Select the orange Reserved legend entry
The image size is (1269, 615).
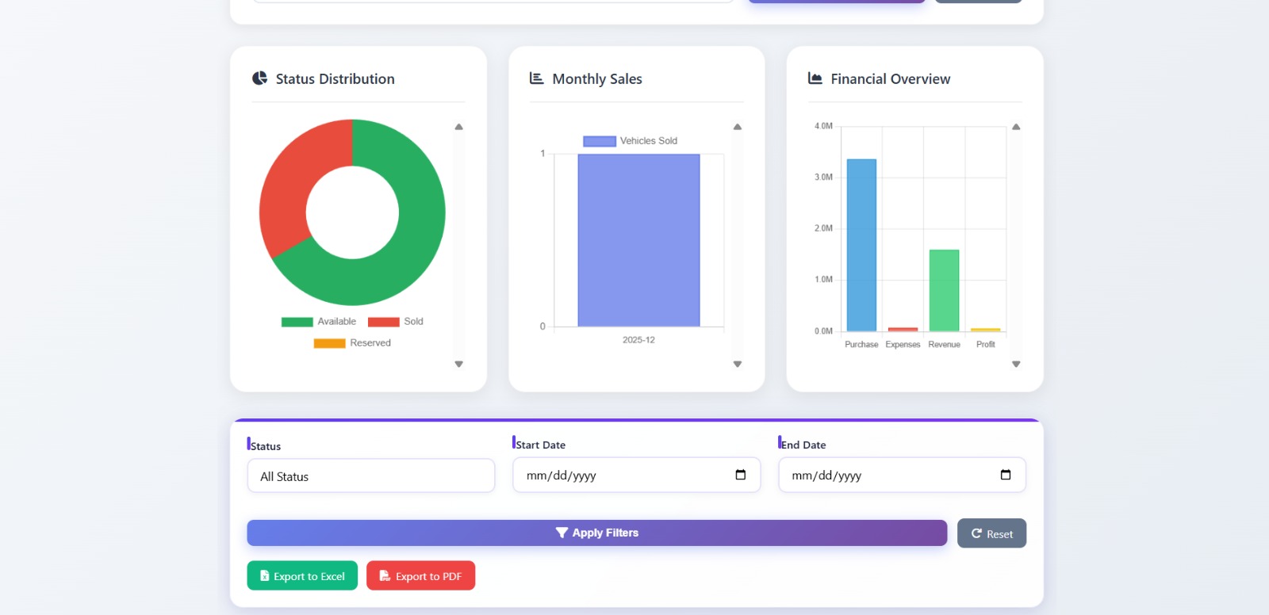point(353,343)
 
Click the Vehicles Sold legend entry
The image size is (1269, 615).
point(631,141)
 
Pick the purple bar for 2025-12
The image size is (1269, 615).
point(638,240)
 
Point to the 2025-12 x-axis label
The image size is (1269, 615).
point(638,340)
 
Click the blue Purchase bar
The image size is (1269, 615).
point(861,245)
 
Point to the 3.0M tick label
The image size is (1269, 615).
point(823,178)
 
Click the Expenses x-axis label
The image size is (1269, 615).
point(903,345)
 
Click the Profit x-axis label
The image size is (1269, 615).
point(985,345)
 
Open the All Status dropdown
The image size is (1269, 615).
point(370,476)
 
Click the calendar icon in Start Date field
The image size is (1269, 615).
point(741,476)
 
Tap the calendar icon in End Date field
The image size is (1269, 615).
point(1006,476)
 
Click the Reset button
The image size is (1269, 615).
point(991,533)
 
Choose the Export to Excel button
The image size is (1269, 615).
point(302,576)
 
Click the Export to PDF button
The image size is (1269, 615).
point(420,576)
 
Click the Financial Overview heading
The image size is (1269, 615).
point(890,79)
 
